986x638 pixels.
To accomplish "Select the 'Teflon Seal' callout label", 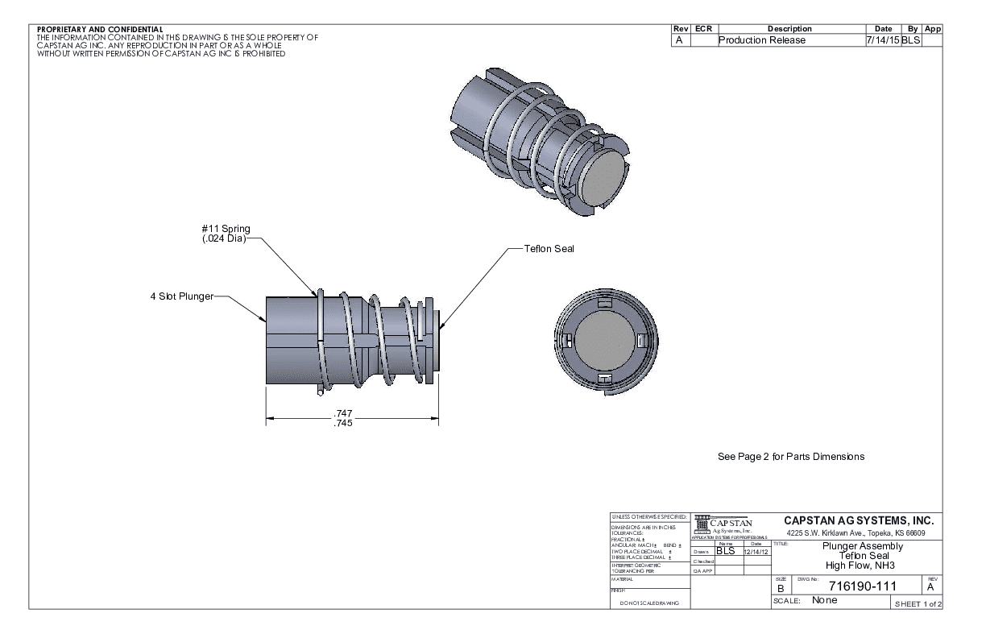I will click(549, 249).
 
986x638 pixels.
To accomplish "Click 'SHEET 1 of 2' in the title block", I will click(916, 603).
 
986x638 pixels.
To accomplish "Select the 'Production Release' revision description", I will click(761, 40).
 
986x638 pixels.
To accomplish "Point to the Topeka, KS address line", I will click(855, 533).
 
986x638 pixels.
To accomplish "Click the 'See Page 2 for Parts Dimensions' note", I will click(790, 457).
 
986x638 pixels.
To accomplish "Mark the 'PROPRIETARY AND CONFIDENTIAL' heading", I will click(100, 30).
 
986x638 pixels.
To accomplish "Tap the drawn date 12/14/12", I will click(756, 551).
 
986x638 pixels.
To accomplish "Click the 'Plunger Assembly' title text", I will click(863, 545).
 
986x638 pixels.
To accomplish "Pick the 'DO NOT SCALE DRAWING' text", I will click(648, 603).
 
